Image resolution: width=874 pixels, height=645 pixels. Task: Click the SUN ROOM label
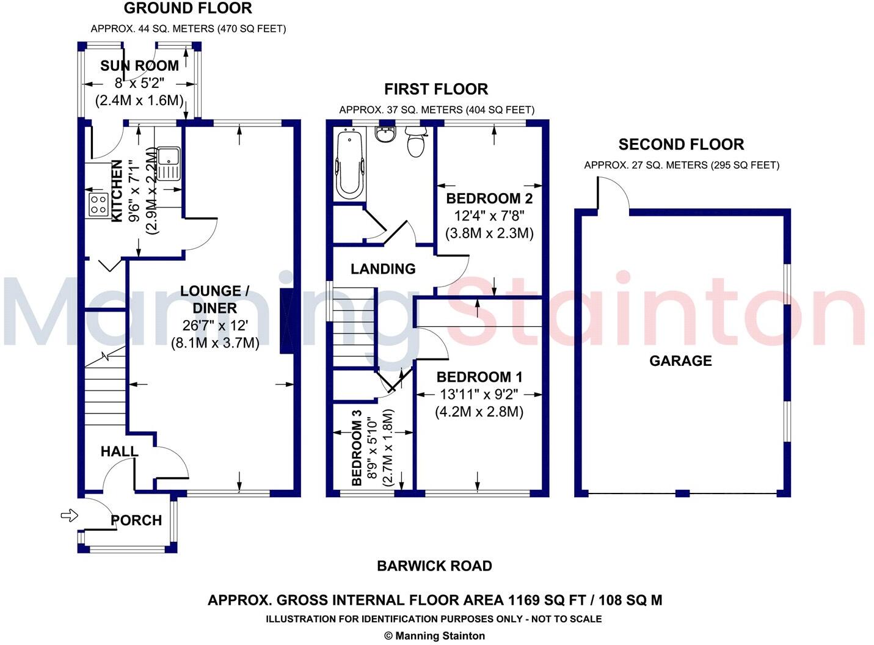[x=139, y=66]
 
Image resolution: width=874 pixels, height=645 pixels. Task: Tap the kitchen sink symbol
[x=167, y=163]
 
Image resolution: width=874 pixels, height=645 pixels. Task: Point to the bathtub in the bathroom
[x=349, y=163]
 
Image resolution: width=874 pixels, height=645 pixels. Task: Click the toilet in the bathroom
[x=415, y=142]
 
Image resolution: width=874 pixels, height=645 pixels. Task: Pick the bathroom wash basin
[x=385, y=134]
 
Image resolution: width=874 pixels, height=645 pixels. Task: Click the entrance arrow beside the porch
[x=70, y=516]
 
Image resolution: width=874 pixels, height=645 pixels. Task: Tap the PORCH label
[x=136, y=520]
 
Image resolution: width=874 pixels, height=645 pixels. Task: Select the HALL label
[x=119, y=451]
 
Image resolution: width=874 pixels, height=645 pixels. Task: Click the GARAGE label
[x=680, y=361]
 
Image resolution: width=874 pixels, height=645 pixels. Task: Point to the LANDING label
[x=383, y=269]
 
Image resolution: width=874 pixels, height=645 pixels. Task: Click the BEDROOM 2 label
[x=489, y=199]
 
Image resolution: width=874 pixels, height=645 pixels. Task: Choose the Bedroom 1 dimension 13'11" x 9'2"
[x=479, y=395]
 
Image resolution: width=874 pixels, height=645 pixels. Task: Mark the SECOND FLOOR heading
[x=681, y=145]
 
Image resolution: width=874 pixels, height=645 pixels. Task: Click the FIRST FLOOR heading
[x=436, y=89]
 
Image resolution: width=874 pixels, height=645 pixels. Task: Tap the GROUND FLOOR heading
[x=188, y=9]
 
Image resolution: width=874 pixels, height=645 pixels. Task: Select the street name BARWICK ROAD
[x=434, y=566]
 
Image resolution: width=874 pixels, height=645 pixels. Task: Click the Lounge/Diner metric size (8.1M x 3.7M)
[x=214, y=343]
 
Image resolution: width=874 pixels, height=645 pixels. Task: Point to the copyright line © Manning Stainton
[x=434, y=636]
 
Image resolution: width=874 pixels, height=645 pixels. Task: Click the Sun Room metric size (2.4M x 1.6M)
[x=139, y=101]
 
